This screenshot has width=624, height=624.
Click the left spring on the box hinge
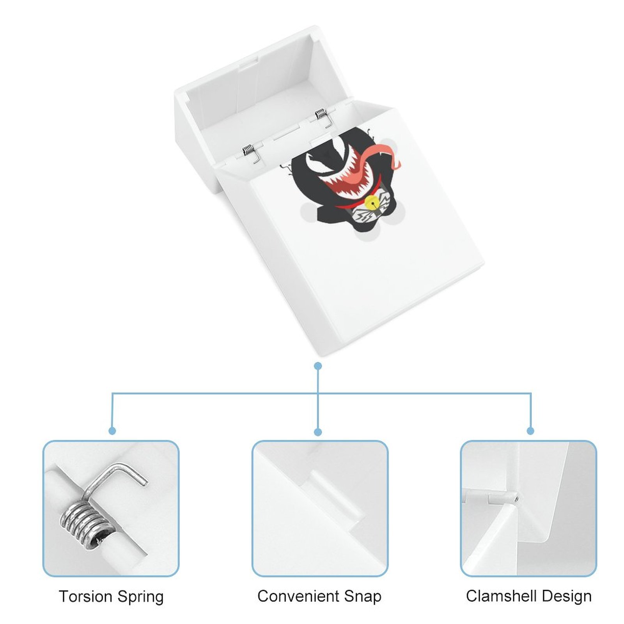(x=248, y=150)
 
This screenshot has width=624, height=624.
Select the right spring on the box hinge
(x=321, y=114)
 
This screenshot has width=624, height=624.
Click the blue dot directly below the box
(x=318, y=366)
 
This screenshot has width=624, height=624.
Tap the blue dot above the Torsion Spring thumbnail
(x=112, y=431)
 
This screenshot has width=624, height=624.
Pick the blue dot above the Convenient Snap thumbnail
(x=318, y=432)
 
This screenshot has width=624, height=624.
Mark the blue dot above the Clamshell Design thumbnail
(x=530, y=431)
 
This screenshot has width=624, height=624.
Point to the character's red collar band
(x=347, y=204)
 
